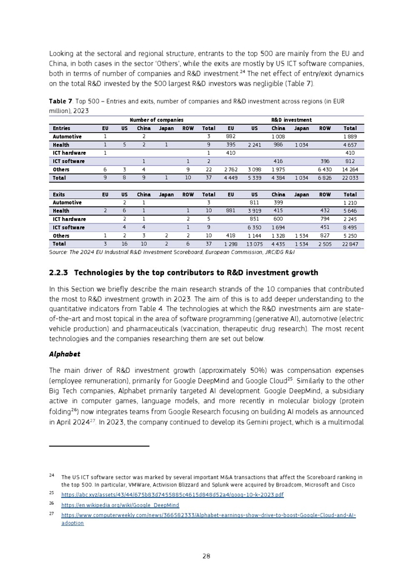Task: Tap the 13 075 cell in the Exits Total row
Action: point(254,243)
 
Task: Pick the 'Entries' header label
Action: point(61,128)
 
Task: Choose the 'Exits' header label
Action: point(59,194)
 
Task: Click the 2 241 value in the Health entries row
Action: point(254,145)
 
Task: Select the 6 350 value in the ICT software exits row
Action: point(254,227)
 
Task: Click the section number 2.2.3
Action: point(59,273)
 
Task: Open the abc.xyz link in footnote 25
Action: point(172,494)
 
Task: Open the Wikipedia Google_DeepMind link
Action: point(120,505)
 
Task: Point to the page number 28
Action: point(206,556)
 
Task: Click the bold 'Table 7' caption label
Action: point(61,102)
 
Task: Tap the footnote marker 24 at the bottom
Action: point(52,476)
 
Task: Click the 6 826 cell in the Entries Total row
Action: point(325,178)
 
